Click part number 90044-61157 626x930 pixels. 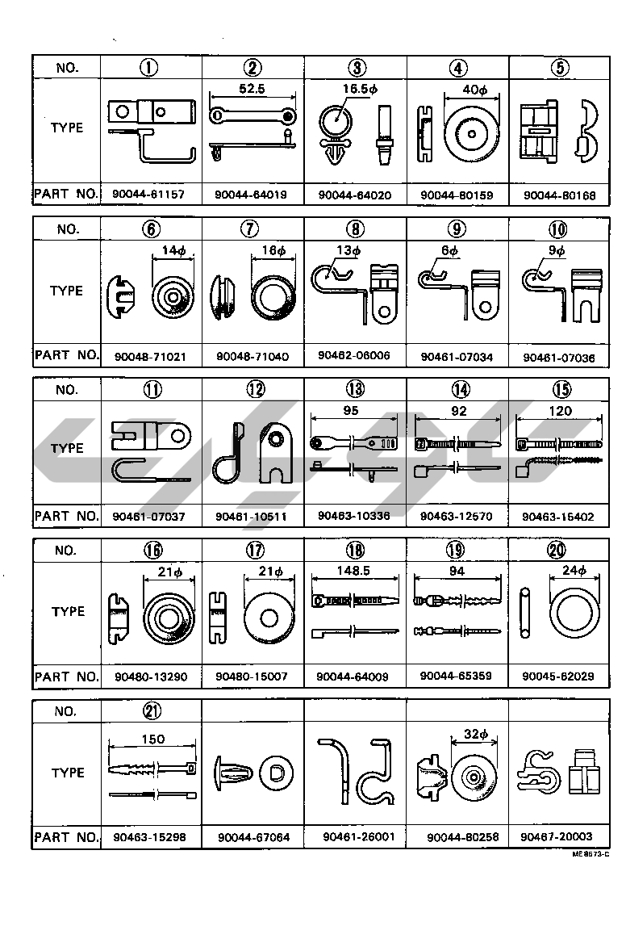pos(151,195)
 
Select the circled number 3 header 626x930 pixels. pos(356,68)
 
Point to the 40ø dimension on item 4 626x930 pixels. pos(472,90)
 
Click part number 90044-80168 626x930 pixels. pos(560,195)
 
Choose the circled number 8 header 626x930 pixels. pos(356,229)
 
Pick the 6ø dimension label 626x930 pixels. pos(449,251)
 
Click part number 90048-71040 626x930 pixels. pos(252,356)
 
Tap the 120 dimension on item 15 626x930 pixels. pos(560,410)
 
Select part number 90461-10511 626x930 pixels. pos(252,516)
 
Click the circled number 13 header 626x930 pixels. pos(356,390)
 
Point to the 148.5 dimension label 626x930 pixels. pos(355,570)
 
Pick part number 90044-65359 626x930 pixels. pos(457,676)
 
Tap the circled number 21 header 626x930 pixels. pos(152,711)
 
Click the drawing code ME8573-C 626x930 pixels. pos(591,853)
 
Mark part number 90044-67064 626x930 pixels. pos(253,838)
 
